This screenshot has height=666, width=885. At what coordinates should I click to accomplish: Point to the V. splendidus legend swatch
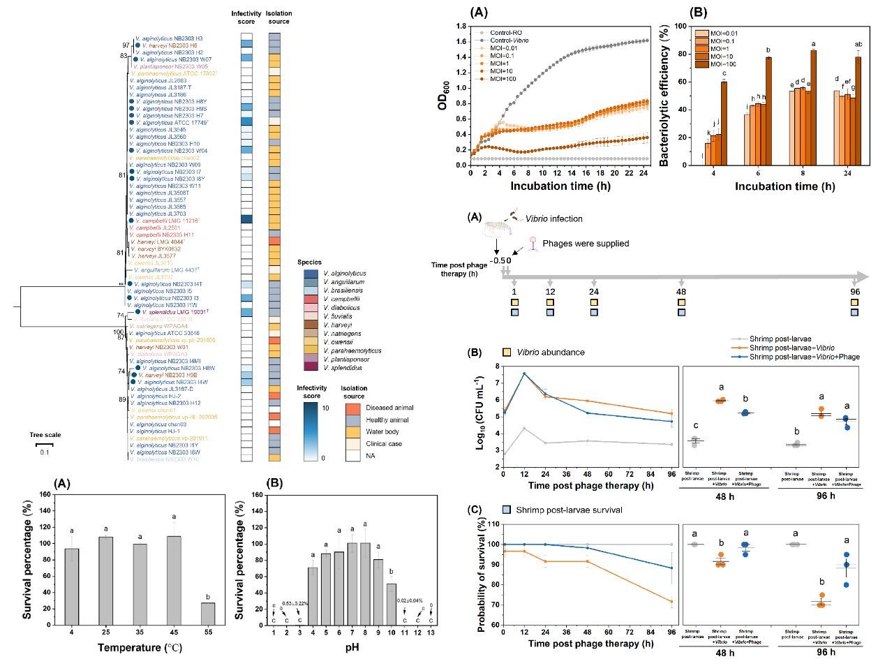tap(311, 367)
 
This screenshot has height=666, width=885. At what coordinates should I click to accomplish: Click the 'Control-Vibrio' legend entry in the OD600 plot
tap(508, 40)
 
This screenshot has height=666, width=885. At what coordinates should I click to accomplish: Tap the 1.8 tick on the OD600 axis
tap(461, 26)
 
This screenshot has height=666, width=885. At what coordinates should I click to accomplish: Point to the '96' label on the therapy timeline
tap(855, 290)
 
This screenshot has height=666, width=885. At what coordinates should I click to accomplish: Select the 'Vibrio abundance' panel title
tap(546, 352)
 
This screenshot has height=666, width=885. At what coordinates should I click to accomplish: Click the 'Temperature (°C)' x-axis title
tap(140, 647)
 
